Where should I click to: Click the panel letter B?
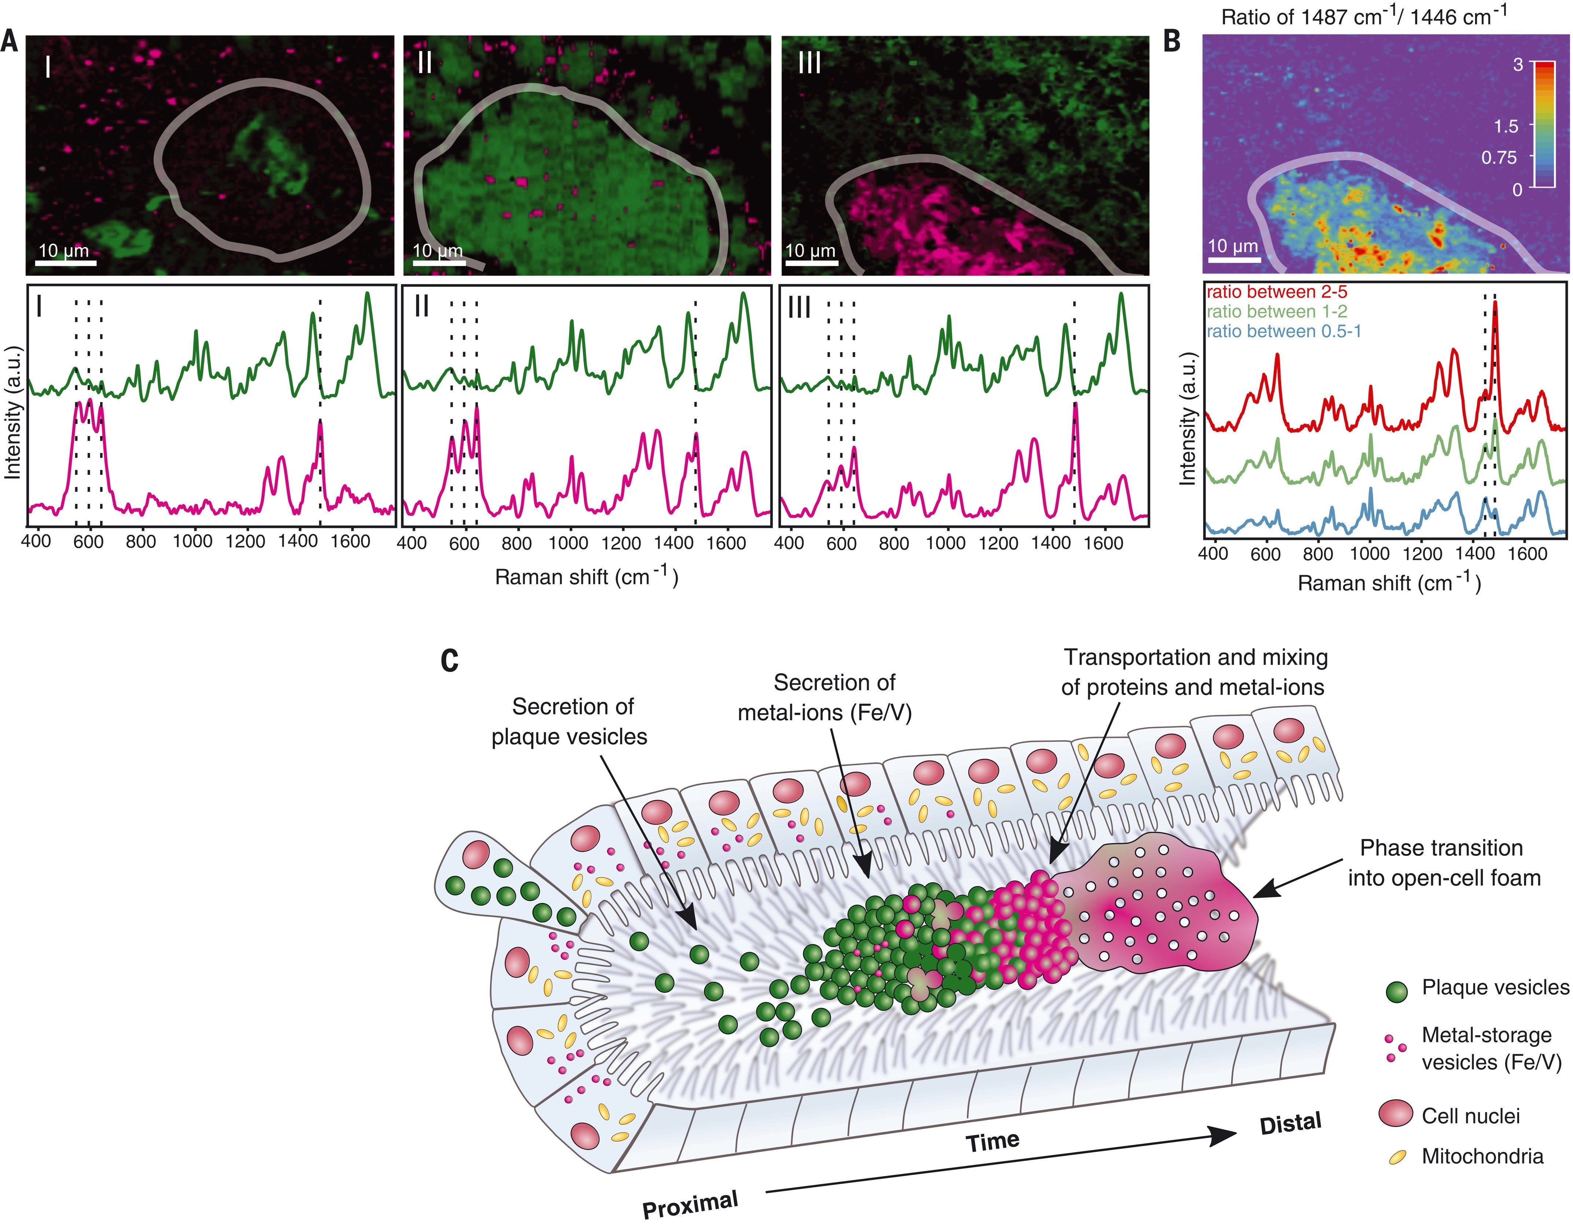1173,41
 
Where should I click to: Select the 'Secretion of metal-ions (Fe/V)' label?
825,697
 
